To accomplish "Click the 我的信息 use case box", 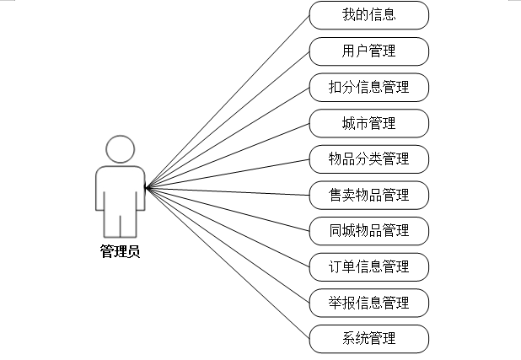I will pyautogui.click(x=369, y=14).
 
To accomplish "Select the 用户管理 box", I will pyautogui.click(x=369, y=51).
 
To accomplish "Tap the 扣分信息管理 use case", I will pyautogui.click(x=369, y=87).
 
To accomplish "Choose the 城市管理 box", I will pyautogui.click(x=369, y=123).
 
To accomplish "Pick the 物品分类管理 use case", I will pyautogui.click(x=369, y=159).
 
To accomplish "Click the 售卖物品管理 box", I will pyautogui.click(x=369, y=195).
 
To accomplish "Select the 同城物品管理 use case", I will pyautogui.click(x=369, y=230).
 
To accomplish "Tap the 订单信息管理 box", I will pyautogui.click(x=369, y=266).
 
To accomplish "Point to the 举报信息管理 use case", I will pyautogui.click(x=369, y=302).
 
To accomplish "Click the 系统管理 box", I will pyautogui.click(x=369, y=338).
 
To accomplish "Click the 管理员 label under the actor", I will pyautogui.click(x=120, y=250).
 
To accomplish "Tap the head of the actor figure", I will pyautogui.click(x=120, y=150).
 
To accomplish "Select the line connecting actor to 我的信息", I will pyautogui.click(x=228, y=102).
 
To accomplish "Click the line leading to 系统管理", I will pyautogui.click(x=228, y=263).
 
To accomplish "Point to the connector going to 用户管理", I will pyautogui.click(x=228, y=120).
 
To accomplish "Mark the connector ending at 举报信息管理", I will pyautogui.click(x=228, y=244).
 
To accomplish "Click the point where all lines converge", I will pyautogui.click(x=146, y=187).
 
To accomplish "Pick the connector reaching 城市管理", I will pyautogui.click(x=228, y=155).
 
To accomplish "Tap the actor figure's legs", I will pyautogui.click(x=120, y=223).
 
